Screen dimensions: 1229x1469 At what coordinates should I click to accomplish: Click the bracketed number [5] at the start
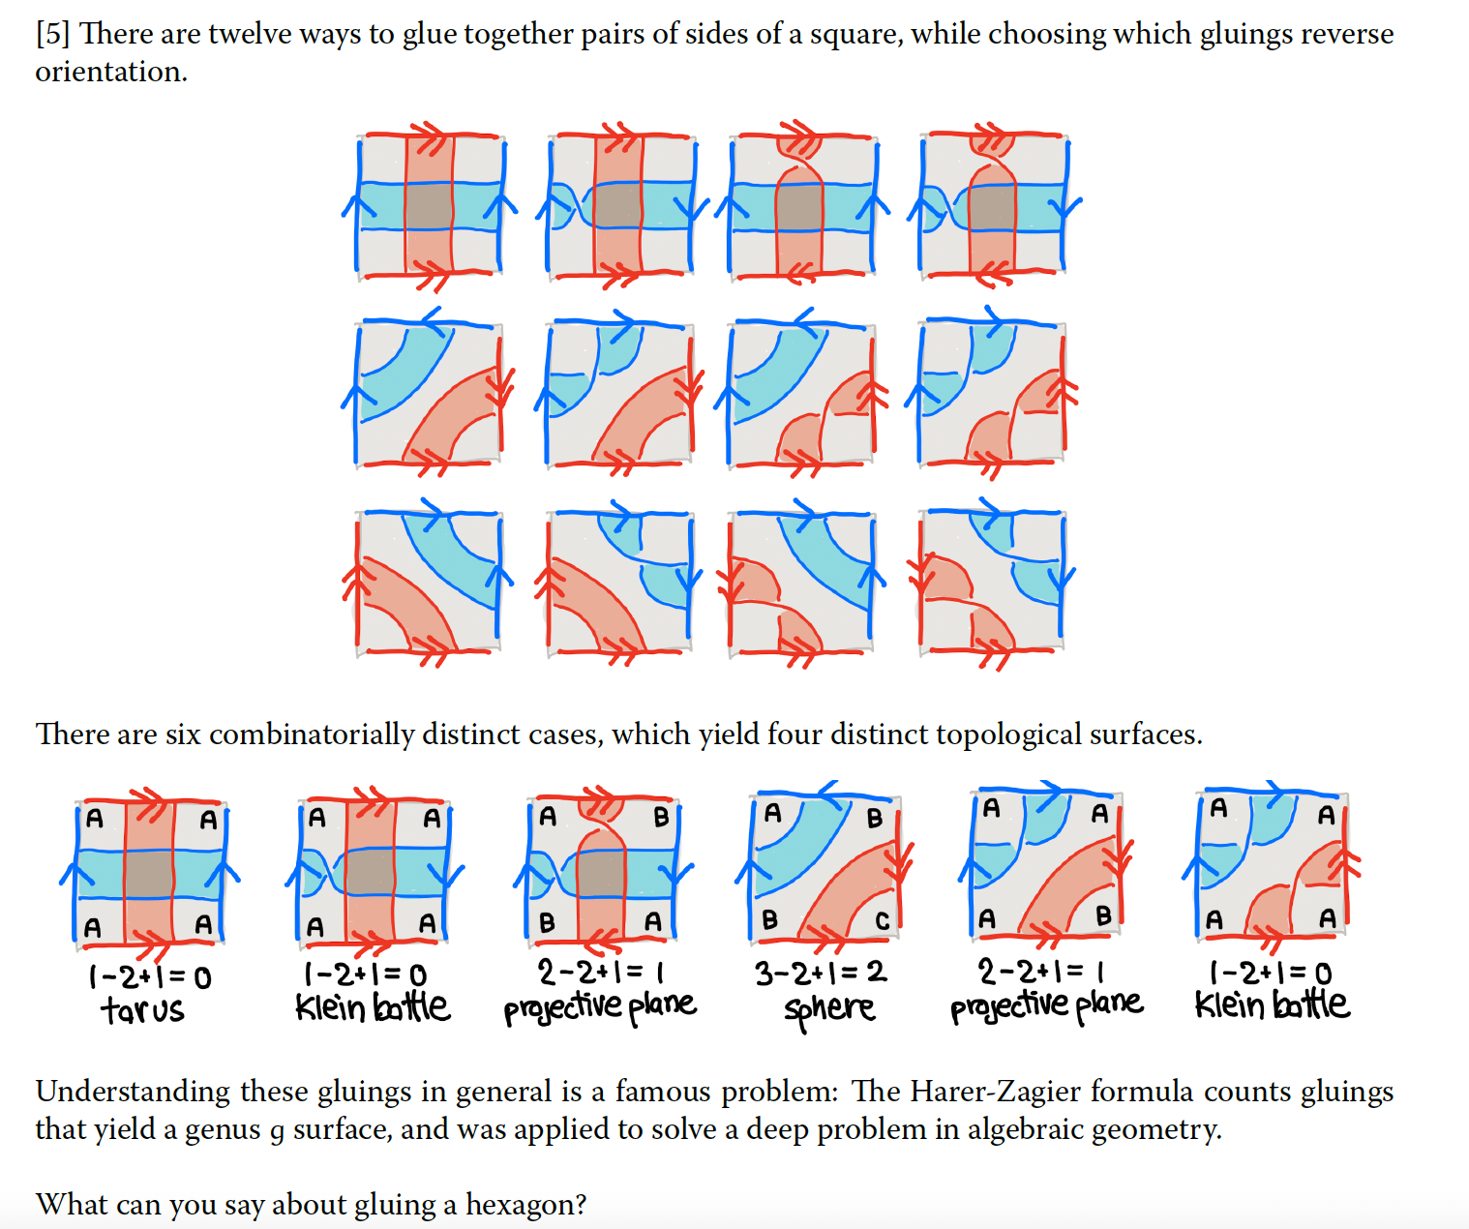[52, 34]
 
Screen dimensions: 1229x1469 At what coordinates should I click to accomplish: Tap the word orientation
[110, 72]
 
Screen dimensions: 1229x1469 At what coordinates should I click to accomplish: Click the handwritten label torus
[141, 1010]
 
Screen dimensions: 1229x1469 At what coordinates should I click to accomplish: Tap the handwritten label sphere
[829, 1009]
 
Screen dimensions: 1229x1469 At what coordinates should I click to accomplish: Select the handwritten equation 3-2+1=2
[821, 973]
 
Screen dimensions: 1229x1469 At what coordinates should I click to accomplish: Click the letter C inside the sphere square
[882, 920]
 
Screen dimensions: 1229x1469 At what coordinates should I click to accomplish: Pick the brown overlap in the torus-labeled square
[149, 873]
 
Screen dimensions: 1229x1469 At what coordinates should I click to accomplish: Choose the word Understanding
[133, 1092]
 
